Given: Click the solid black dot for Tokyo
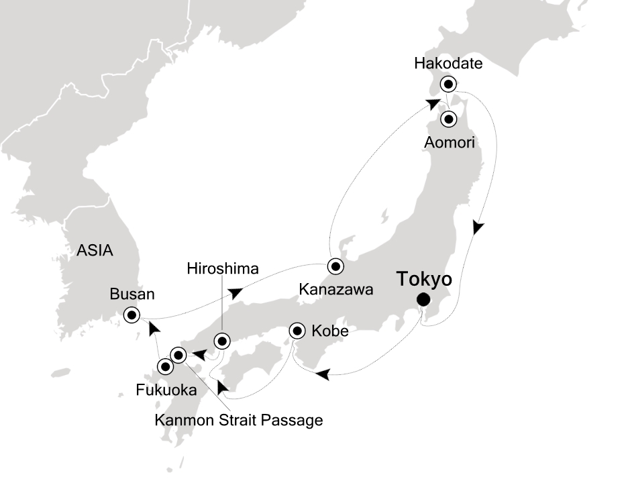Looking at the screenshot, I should click(423, 299).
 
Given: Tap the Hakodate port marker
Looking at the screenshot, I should click(448, 85).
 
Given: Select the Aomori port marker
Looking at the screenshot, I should click(448, 119).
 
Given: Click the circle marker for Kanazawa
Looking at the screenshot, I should click(335, 266).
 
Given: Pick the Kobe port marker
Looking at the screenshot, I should click(297, 331).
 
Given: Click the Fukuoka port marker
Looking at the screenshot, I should click(164, 366).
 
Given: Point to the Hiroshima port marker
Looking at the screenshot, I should click(222, 341).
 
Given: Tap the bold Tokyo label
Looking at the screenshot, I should click(423, 278).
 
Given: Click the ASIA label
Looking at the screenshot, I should click(95, 251).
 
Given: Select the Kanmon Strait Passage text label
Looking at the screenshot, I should click(239, 421).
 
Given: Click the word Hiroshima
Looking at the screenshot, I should click(222, 269).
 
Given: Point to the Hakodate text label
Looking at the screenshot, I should click(448, 64).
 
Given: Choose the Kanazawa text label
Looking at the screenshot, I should click(336, 290).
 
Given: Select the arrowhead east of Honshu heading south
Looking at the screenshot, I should click(477, 227).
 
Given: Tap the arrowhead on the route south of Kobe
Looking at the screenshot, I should click(323, 374).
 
